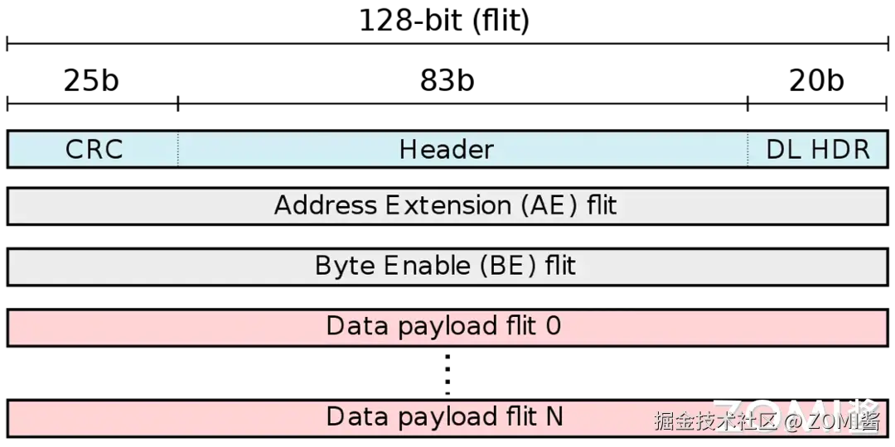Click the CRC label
pos(94,150)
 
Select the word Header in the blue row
pos(446,150)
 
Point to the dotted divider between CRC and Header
pos(177,149)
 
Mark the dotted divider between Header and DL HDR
pos(747,149)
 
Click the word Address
pos(325,205)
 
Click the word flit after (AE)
pos(602,205)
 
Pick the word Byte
pos(344,266)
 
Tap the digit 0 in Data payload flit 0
pos(553,326)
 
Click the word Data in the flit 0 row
pos(358,326)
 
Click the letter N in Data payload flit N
pos(554,416)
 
